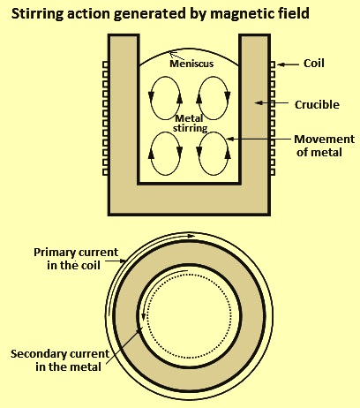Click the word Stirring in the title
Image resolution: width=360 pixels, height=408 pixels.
pos(37,14)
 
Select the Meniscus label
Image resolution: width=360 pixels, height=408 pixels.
pos(191,64)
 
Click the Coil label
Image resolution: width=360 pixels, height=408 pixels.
pos(314,64)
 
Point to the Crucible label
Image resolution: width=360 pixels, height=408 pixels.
pos(317,105)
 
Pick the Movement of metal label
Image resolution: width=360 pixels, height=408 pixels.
pos(325,146)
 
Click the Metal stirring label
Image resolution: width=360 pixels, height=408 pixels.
pos(190,124)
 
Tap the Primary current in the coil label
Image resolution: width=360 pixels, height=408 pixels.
pos(76,259)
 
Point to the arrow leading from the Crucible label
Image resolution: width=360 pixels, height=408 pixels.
pos(272,102)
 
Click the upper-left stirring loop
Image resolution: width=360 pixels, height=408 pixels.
pos(165,98)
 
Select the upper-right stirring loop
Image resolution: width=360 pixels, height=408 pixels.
pos(214,98)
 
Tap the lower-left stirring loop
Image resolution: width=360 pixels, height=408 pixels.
pos(165,154)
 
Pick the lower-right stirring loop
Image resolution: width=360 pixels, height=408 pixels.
pos(214,154)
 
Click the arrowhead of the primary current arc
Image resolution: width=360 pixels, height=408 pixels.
pos(191,236)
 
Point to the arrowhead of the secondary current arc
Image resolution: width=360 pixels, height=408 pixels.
pos(143,317)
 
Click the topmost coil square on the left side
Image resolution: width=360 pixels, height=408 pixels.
pos(105,64)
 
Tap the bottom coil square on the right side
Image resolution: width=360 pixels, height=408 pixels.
pos(273,172)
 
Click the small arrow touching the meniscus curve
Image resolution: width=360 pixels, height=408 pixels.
pos(176,56)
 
